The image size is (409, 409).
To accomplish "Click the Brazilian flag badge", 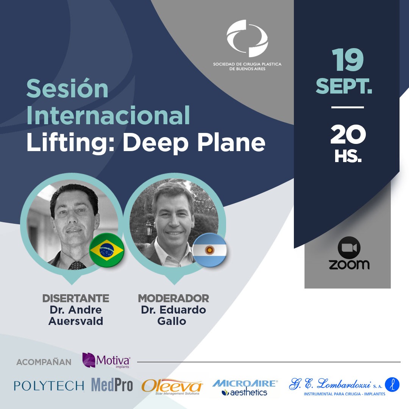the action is [x=107, y=250].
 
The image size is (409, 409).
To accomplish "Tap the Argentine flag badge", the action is [x=209, y=250].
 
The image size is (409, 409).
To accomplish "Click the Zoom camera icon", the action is [x=349, y=248].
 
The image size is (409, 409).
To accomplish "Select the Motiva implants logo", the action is [x=106, y=361].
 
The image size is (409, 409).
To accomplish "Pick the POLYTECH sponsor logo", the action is [x=49, y=386].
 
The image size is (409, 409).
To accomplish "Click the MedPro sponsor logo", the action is [x=112, y=385].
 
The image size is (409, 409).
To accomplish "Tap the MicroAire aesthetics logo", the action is [x=245, y=388].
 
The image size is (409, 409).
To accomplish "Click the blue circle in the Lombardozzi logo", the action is [x=392, y=384].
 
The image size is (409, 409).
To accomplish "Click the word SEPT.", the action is [x=344, y=86].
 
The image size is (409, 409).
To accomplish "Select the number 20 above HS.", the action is [x=348, y=134].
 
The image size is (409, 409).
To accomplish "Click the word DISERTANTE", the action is [x=76, y=298].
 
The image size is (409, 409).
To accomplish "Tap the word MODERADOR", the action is [x=173, y=298].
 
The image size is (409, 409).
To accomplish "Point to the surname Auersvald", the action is [x=76, y=321].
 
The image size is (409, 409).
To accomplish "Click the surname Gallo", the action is [x=172, y=321].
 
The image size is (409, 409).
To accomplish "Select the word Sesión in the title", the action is [x=67, y=88].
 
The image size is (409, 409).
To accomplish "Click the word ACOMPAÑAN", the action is [x=44, y=362].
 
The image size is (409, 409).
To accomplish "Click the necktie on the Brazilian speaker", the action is [x=77, y=265].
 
